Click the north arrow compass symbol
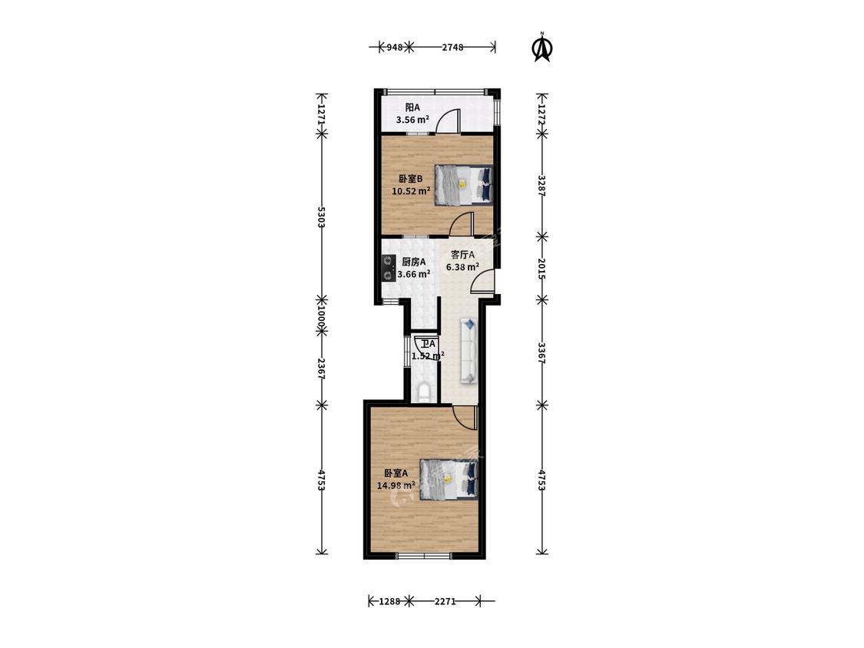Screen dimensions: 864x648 point(542,48)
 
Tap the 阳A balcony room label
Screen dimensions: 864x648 point(412,107)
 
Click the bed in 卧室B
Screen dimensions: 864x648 point(463,185)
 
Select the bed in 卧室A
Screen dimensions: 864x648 point(449,479)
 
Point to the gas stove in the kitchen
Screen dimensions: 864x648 point(389,268)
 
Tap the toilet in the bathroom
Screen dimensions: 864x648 point(424,392)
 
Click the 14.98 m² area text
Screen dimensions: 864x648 point(396,485)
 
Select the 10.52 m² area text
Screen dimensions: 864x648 point(411,191)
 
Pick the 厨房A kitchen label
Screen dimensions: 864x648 point(413,262)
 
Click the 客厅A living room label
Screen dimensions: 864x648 point(463,255)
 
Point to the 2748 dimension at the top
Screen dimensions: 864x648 point(452,48)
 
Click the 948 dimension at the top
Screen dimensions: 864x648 point(394,48)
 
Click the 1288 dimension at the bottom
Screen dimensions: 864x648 point(389,602)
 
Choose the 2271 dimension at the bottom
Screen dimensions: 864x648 point(445,602)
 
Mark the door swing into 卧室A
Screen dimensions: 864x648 point(464,417)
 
